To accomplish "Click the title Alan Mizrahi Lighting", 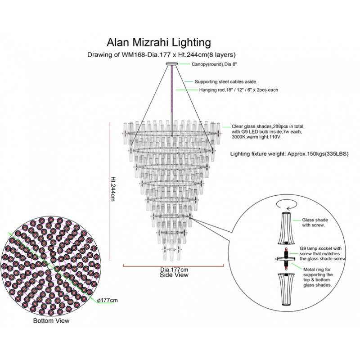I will (x=158, y=43).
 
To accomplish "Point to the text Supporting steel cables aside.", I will (x=225, y=82).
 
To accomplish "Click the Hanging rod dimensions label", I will (x=238, y=90).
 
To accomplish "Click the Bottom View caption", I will (x=51, y=321).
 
